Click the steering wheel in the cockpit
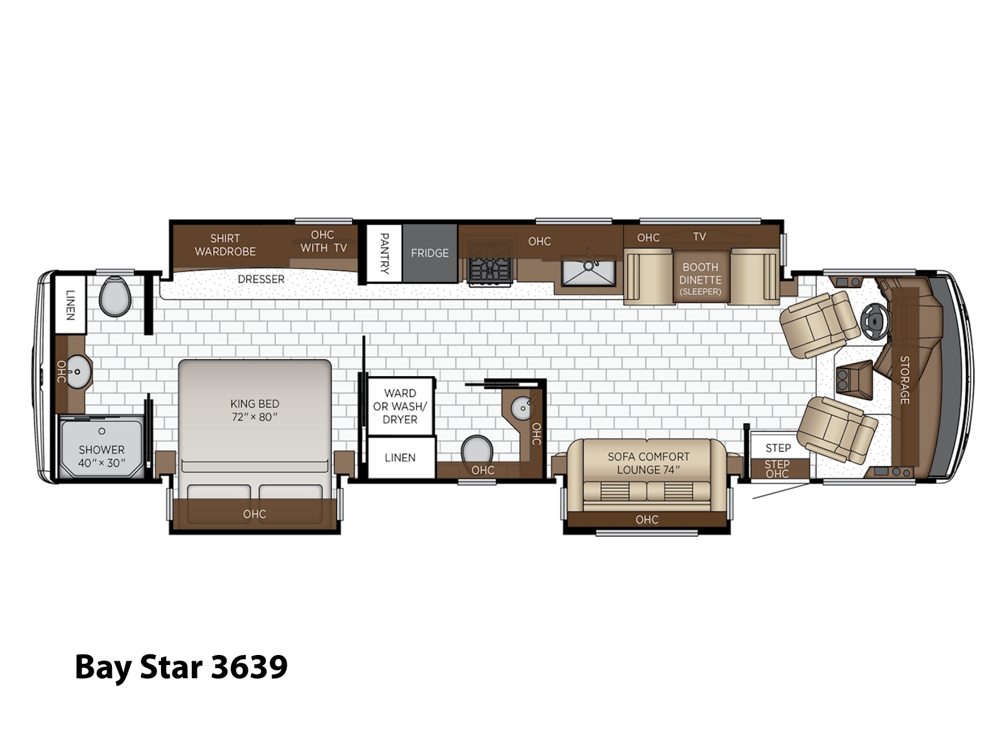click(875, 321)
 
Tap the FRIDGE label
click(429, 253)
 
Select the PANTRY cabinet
click(384, 253)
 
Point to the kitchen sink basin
click(589, 271)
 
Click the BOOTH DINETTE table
click(700, 276)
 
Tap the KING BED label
click(255, 410)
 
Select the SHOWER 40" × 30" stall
click(101, 447)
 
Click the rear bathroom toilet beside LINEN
click(115, 296)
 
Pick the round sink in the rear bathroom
click(79, 371)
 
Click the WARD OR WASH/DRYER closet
click(400, 406)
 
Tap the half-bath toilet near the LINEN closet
click(477, 449)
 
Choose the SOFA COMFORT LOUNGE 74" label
click(648, 463)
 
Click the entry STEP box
click(778, 447)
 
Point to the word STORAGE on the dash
click(904, 380)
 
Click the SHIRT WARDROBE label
click(225, 245)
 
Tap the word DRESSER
click(261, 279)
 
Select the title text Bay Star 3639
click(181, 668)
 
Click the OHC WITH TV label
click(323, 242)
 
